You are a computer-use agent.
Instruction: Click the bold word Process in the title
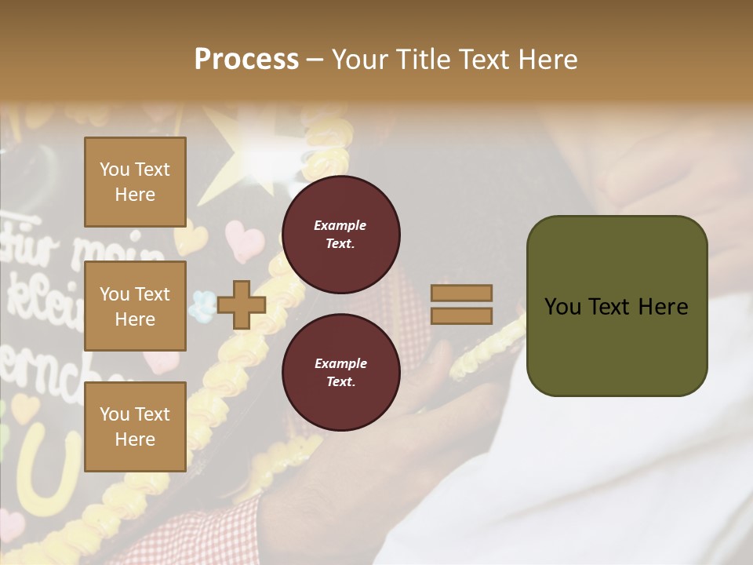pos(246,60)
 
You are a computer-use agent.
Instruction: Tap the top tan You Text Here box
pos(135,182)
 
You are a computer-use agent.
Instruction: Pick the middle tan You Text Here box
pos(135,306)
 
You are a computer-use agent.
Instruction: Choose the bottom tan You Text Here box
pos(135,426)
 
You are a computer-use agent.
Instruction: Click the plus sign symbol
pos(242,305)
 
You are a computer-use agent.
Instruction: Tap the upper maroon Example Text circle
pos(341,235)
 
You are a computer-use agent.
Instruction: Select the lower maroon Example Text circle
pos(341,372)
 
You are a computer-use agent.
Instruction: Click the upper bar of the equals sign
pos(462,293)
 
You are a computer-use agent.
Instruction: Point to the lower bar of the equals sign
pos(462,315)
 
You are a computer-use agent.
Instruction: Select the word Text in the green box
pos(614,307)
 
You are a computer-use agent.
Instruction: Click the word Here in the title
pos(548,60)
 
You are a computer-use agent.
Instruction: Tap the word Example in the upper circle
pos(340,225)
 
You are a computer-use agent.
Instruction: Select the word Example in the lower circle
pos(340,363)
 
